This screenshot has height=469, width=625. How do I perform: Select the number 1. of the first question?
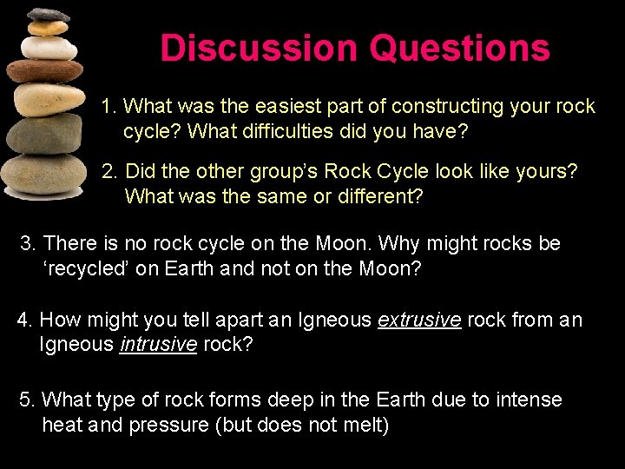[109, 107]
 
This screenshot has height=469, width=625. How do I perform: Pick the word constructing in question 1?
[449, 107]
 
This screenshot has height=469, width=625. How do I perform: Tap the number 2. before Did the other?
[110, 172]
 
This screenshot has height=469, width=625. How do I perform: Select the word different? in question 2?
[375, 196]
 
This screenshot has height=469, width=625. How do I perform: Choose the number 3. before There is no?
[29, 244]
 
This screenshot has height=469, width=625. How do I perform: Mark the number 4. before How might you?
[25, 320]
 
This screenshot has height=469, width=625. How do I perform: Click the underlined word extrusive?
[419, 320]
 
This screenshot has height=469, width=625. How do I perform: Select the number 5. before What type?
[28, 400]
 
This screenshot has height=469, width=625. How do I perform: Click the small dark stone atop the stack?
[48, 15]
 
